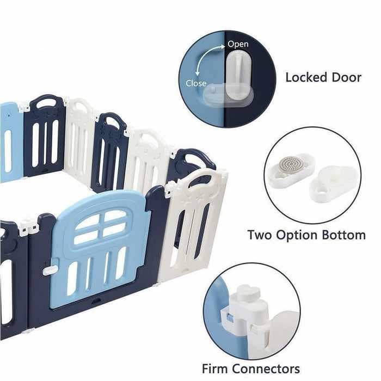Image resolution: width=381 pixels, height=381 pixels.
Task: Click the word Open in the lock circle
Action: point(238,44)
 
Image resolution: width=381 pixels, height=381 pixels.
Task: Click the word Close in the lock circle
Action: point(196,84)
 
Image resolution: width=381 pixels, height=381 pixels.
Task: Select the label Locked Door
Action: point(323,77)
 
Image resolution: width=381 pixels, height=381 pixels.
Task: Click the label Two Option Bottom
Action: point(306,236)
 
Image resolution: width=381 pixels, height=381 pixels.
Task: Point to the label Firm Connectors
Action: point(251,368)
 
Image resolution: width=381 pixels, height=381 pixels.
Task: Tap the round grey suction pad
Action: point(290,164)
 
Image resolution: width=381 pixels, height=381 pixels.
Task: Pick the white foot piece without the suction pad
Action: point(333,183)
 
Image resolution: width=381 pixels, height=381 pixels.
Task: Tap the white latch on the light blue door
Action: point(50,269)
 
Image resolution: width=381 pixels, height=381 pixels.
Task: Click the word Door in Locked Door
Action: point(347,77)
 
